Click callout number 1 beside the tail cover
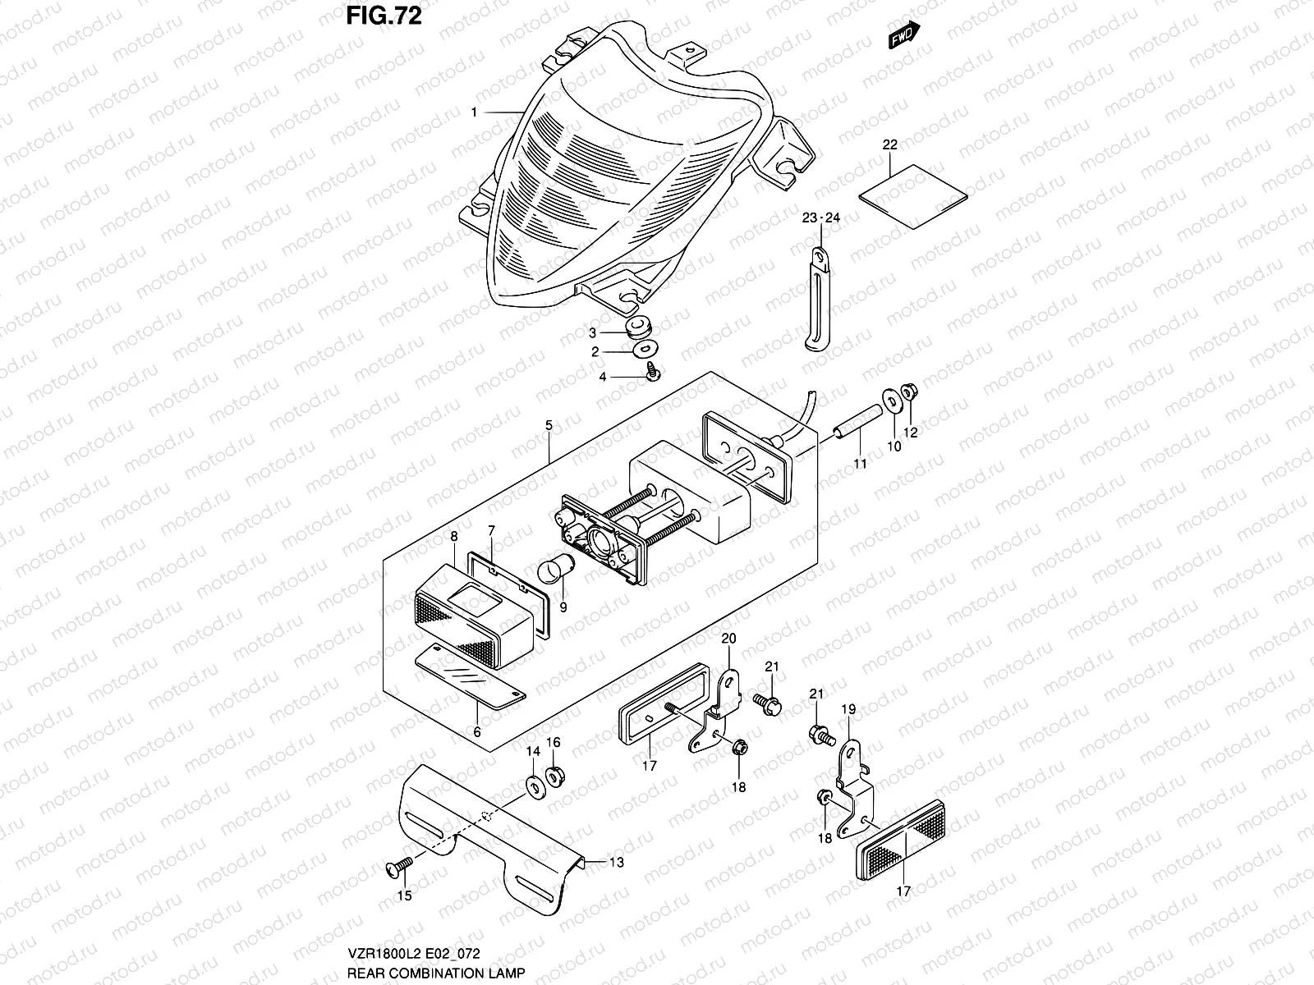coord(475,112)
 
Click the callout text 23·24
coord(821,218)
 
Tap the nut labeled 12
coord(908,393)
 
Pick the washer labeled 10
coord(891,398)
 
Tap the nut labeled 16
coord(555,773)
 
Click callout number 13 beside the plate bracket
coord(617,862)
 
